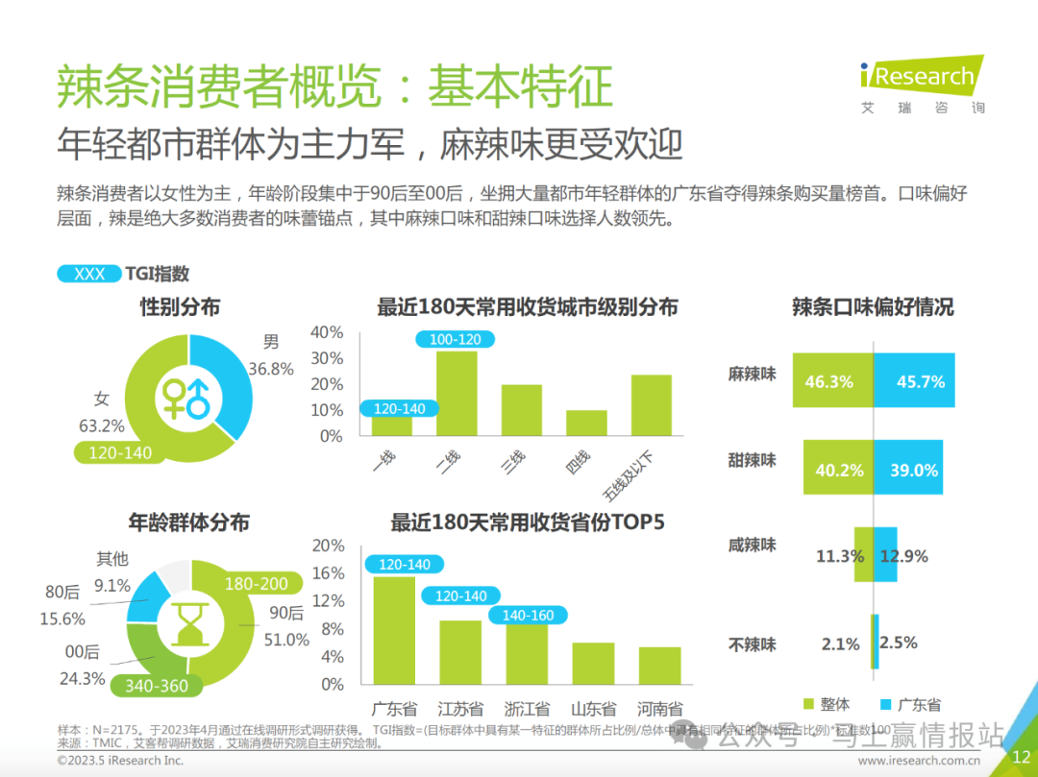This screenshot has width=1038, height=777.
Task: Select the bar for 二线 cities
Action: (457, 393)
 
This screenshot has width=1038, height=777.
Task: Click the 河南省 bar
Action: (659, 665)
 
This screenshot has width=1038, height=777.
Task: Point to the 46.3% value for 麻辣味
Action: (829, 381)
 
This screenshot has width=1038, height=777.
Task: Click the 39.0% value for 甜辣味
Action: (914, 470)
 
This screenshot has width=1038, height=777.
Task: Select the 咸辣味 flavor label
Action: (752, 545)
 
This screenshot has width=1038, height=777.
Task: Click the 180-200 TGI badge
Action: (256, 584)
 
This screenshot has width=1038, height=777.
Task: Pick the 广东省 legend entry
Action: (910, 704)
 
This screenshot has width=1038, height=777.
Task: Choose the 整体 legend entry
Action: (826, 704)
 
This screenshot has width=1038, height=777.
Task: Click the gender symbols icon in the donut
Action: (185, 396)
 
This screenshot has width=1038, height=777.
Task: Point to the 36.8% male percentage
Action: (270, 369)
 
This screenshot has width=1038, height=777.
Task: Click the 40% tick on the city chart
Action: (327, 332)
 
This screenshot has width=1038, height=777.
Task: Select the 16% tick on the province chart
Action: (328, 573)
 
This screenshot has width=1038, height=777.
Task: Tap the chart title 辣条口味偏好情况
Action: (872, 307)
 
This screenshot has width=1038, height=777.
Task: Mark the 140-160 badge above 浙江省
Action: (528, 616)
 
